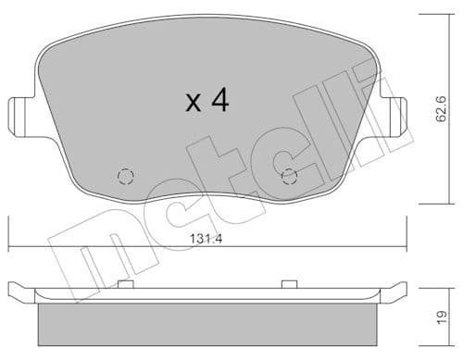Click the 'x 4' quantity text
coord(206,100)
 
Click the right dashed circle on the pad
coord(289,177)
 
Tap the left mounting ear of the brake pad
coord(16,115)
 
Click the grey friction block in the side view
coord(208,324)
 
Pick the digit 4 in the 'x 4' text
coord(219,100)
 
